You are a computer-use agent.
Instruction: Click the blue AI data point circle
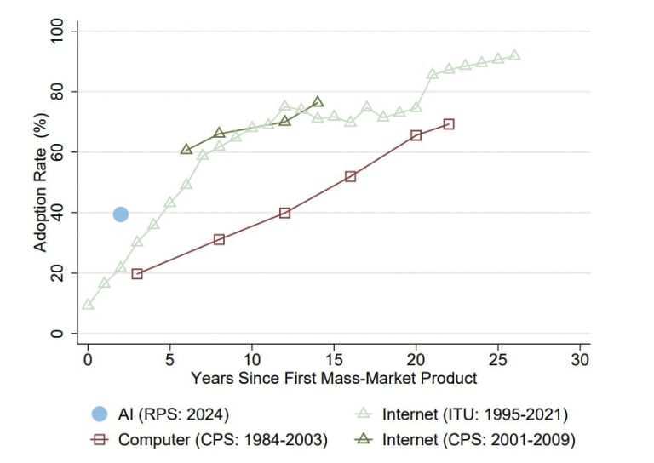pos(121,214)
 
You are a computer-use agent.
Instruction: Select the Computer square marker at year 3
pos(137,274)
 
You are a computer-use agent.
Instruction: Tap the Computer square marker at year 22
pos(449,124)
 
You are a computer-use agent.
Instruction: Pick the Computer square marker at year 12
pos(284,213)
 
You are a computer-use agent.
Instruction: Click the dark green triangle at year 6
pos(186,149)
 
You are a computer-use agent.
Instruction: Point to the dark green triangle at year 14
pos(318,101)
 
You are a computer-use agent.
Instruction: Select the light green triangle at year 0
pos(88,304)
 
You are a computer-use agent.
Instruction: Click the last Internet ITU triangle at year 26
pos(514,54)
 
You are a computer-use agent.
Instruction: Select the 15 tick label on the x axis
pos(334,357)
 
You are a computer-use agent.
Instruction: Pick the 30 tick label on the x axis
pos(580,357)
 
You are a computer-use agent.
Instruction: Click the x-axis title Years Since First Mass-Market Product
pos(334,377)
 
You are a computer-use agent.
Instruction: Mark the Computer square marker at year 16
pos(350,176)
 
